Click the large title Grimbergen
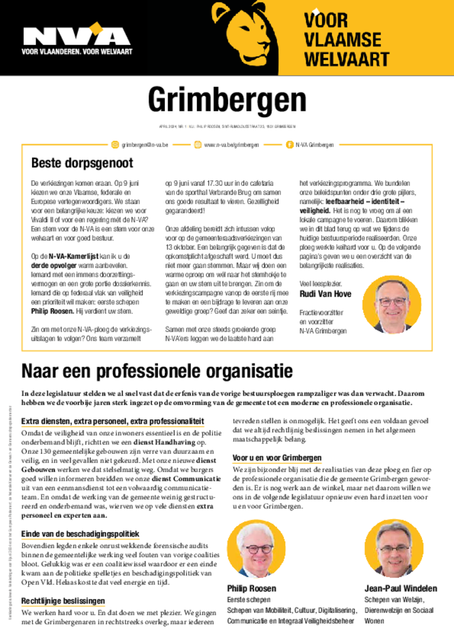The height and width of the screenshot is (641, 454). pyautogui.click(x=227, y=100)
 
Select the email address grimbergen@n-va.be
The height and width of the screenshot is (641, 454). pyautogui.click(x=145, y=145)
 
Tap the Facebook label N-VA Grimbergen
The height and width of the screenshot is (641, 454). pyautogui.click(x=315, y=145)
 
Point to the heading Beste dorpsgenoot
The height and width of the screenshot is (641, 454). pyautogui.click(x=82, y=163)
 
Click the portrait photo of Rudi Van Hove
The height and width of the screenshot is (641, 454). pyautogui.click(x=392, y=305)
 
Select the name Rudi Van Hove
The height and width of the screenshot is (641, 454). pyautogui.click(x=325, y=294)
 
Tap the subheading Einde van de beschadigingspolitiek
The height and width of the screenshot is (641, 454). pyautogui.click(x=80, y=534)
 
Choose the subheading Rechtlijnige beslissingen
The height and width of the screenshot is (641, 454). pyautogui.click(x=63, y=601)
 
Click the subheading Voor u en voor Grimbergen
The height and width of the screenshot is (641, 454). pyautogui.click(x=277, y=458)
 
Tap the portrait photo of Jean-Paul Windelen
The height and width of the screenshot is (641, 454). pyautogui.click(x=394, y=547)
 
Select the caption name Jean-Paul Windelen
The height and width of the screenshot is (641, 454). pyautogui.click(x=401, y=588)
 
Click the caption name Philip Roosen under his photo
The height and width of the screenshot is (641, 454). pyautogui.click(x=251, y=588)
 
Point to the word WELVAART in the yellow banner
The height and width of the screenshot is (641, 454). pyautogui.click(x=347, y=59)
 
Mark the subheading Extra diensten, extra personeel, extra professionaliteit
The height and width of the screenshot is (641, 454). pyautogui.click(x=112, y=421)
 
